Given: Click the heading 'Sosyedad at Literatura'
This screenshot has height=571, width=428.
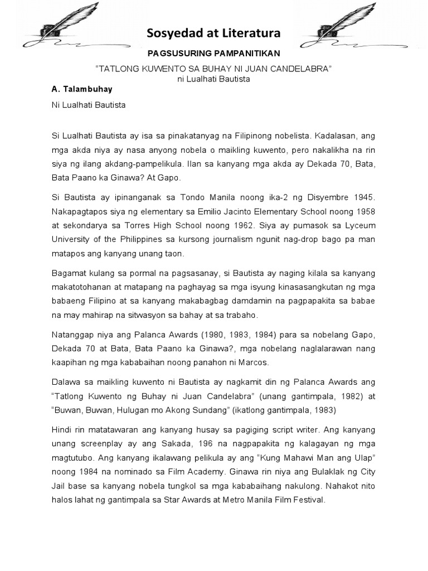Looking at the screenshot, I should pyautogui.click(x=214, y=35).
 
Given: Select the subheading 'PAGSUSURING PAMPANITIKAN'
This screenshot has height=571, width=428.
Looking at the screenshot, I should pyautogui.click(x=214, y=54).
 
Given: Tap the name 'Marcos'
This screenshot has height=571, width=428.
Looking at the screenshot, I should pyautogui.click(x=254, y=362).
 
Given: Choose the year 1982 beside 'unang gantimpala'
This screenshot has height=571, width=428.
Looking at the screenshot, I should pyautogui.click(x=349, y=397).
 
